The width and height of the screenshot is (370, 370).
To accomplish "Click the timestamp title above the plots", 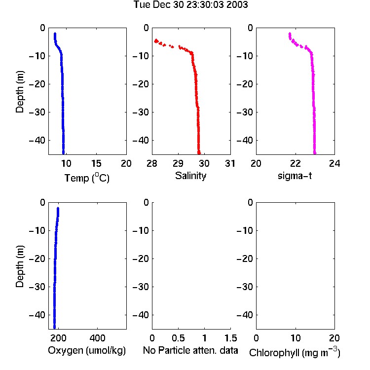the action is [x=190, y=4].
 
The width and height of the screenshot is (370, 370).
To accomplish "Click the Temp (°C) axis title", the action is [x=87, y=178].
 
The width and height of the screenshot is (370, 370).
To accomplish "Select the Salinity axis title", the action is [x=190, y=176].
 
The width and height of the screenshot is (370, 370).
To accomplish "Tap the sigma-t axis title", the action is [x=295, y=176].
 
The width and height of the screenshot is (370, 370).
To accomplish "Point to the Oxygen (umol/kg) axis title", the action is [x=87, y=350].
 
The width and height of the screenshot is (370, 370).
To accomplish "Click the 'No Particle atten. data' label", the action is [x=190, y=350].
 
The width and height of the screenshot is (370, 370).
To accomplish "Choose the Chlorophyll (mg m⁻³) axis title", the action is [x=295, y=352].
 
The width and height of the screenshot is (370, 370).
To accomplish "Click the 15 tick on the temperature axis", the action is [x=96, y=163].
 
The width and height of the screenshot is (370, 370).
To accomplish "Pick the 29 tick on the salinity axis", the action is [x=178, y=163].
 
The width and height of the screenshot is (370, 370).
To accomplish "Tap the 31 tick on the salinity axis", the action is [x=230, y=163].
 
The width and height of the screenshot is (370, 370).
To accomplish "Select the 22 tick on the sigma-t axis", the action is [x=296, y=163].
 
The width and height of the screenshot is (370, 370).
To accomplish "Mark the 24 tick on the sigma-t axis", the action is [x=334, y=163].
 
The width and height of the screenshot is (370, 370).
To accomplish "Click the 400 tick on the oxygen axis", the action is [x=97, y=338].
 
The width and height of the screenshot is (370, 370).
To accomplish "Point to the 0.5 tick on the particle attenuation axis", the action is [x=178, y=338].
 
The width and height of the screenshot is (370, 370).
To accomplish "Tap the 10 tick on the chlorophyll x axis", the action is [x=296, y=338].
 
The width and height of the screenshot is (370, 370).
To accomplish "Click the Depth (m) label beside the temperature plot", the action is [x=20, y=92].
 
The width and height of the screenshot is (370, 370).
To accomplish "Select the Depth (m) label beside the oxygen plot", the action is [x=20, y=266].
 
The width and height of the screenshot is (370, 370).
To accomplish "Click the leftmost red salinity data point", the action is [x=155, y=41].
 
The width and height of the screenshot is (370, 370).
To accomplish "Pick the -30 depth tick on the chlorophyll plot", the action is [x=245, y=287].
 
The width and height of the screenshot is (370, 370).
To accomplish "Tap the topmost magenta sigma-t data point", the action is [x=290, y=34].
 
